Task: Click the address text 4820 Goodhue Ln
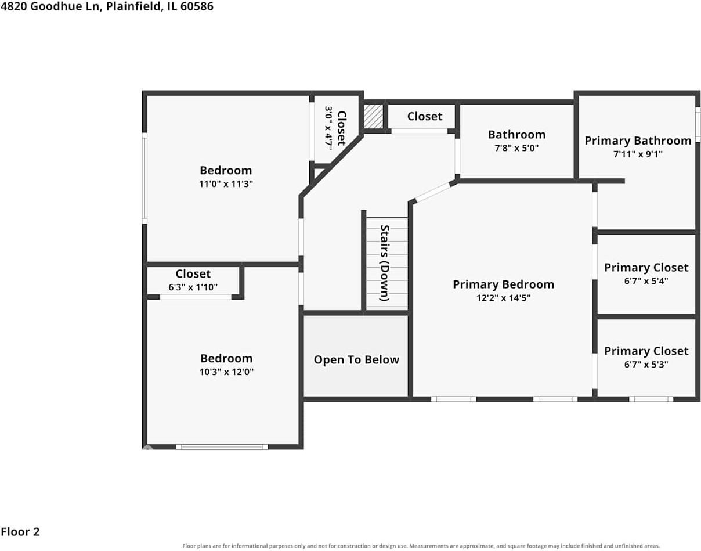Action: click(51, 6)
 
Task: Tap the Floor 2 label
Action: click(20, 532)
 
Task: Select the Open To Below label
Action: click(356, 360)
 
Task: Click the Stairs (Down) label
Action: click(385, 263)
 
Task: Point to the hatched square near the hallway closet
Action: click(373, 116)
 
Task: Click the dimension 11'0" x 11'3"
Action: click(226, 184)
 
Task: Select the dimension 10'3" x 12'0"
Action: click(226, 372)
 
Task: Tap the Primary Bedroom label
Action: click(504, 284)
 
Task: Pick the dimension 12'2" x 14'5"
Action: click(504, 298)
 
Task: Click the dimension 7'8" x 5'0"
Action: click(517, 148)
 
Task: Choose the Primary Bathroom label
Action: click(638, 141)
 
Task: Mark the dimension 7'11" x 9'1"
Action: click(638, 154)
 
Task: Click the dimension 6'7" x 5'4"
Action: click(646, 281)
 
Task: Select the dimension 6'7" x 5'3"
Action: click(646, 365)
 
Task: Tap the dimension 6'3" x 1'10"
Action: click(193, 287)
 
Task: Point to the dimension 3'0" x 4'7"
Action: click(328, 128)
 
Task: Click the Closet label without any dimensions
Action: click(425, 117)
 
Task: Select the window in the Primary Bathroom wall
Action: click(698, 125)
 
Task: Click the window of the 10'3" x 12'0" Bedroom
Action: click(222, 447)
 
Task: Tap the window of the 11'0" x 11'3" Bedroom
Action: click(144, 178)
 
